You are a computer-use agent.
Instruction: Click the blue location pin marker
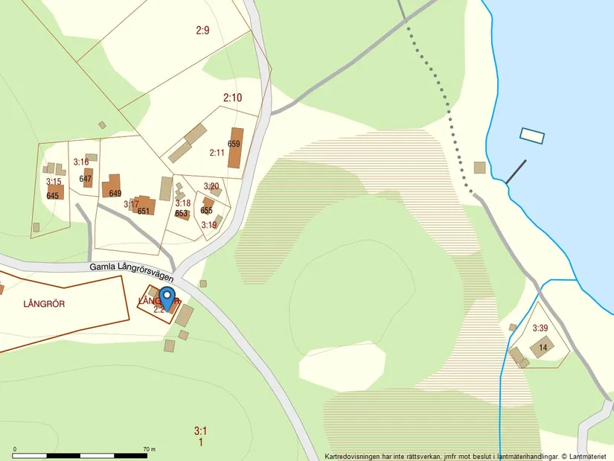coord(167,297)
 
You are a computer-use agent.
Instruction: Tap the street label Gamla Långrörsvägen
coord(131,270)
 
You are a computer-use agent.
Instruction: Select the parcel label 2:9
coord(202,31)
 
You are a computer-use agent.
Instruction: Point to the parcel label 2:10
coord(232,98)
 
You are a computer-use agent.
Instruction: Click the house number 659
coord(234,144)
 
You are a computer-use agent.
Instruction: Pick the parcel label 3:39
coord(540,328)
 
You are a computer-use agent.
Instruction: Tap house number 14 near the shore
coord(543,348)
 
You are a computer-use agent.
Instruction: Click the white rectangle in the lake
coord(532,136)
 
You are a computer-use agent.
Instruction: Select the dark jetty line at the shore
coord(516,172)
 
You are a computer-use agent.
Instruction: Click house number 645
coord(52,196)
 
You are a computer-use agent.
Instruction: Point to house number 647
coord(85,179)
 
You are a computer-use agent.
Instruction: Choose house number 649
coord(115,194)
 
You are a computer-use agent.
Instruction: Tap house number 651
coord(144,211)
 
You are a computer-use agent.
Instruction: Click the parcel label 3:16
coord(80,162)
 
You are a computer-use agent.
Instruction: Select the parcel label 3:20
coord(211,186)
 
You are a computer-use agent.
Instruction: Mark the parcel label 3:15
coord(53,182)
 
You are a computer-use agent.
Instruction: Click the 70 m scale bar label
coord(149,449)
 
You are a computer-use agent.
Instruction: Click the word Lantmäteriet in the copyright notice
coord(590,456)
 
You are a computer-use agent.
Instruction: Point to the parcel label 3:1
coord(199,430)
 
